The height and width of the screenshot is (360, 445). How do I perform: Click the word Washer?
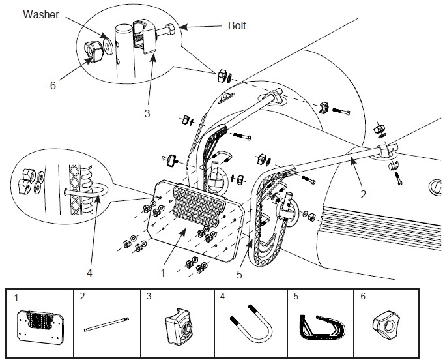(41, 14)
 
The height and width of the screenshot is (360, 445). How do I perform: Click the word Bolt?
(237, 25)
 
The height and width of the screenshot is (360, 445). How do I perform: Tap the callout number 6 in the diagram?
(53, 85)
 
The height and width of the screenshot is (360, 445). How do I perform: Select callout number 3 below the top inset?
(147, 113)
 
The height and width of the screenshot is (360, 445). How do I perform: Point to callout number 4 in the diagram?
(90, 273)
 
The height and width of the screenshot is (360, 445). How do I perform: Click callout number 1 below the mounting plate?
(163, 273)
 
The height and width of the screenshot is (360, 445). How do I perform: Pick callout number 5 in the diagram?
(240, 275)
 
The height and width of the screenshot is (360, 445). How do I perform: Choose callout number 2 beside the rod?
(364, 194)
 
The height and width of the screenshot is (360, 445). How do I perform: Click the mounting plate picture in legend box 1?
(40, 327)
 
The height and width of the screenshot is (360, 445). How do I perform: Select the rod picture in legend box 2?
(106, 324)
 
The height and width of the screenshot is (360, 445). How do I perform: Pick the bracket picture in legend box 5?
(322, 327)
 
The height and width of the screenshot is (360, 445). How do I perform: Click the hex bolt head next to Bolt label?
(171, 29)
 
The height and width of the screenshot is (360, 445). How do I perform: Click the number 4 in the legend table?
(223, 297)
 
